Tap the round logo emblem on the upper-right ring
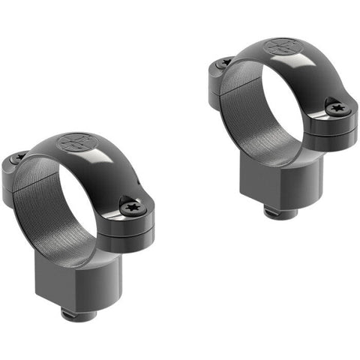(280, 46)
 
